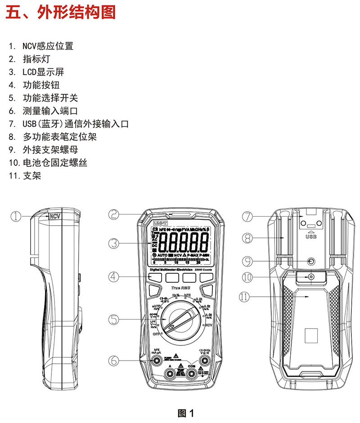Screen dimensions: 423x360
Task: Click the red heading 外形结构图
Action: [61, 12]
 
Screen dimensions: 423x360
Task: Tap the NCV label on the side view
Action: [55, 216]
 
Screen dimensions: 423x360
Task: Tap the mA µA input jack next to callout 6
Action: [157, 361]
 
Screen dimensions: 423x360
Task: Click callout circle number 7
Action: [247, 217]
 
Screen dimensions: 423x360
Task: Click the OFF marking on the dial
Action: [156, 335]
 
